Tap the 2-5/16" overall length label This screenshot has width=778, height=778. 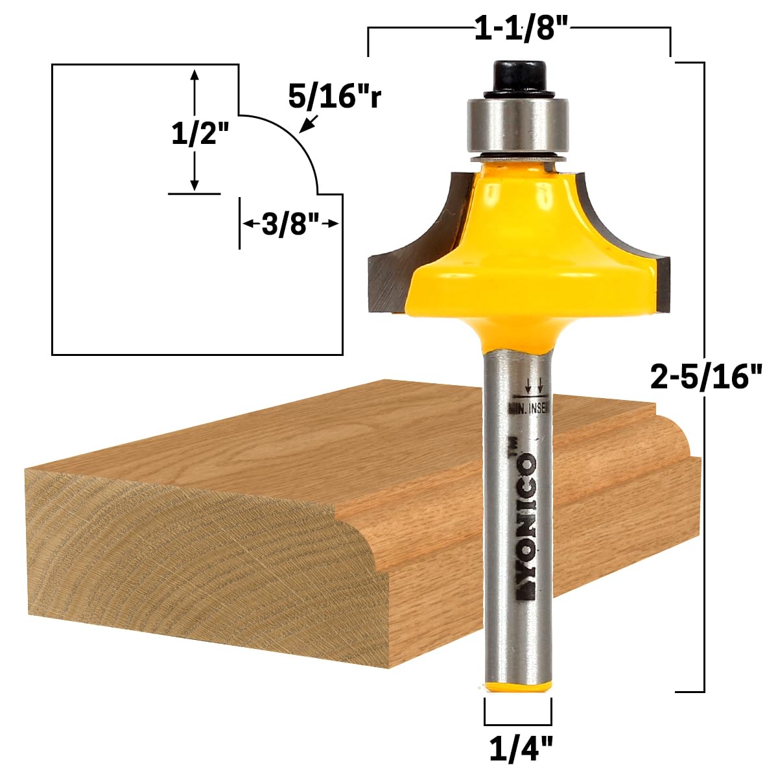[706, 375]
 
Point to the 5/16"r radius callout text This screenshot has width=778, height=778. [335, 97]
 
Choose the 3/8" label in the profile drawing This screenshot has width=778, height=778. [290, 224]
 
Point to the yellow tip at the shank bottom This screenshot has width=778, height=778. [517, 688]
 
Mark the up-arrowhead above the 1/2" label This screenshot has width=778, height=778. [193, 74]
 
